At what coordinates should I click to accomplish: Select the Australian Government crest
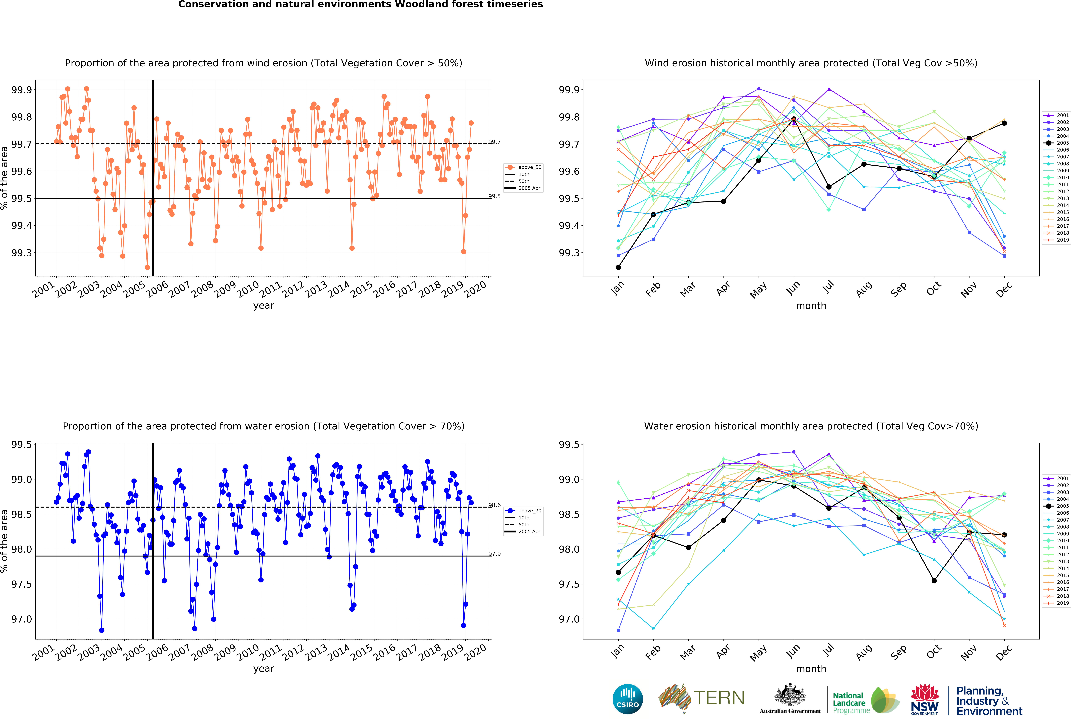(x=790, y=695)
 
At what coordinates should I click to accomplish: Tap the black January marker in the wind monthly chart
(x=618, y=267)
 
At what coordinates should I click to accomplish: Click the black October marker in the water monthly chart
(x=934, y=581)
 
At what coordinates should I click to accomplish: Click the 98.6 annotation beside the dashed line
(x=494, y=505)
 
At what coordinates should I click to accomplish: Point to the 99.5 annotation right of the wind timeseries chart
(x=494, y=196)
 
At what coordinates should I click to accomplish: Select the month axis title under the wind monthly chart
(x=811, y=306)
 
